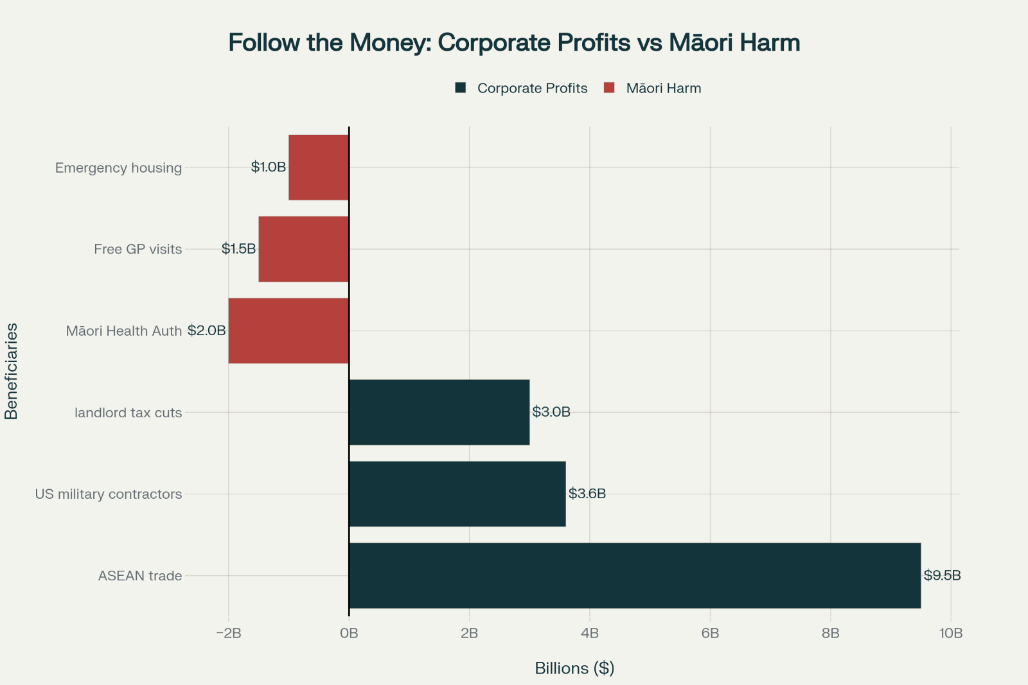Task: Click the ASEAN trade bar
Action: (x=635, y=575)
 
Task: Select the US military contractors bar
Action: (x=457, y=494)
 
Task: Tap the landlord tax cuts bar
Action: (x=439, y=412)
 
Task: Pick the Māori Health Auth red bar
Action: (x=288, y=331)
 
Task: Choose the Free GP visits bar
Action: (x=303, y=249)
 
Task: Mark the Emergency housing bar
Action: (x=319, y=168)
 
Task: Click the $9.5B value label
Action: (x=942, y=575)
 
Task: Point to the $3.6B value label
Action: (x=587, y=494)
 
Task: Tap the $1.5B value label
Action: (x=238, y=249)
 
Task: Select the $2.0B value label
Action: (x=207, y=331)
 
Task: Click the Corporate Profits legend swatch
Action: (x=461, y=88)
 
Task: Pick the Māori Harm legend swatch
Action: (x=610, y=88)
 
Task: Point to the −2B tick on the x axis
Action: (x=229, y=634)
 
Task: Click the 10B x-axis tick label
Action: (x=951, y=634)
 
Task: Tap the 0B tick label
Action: (x=349, y=634)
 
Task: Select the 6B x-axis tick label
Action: (x=710, y=634)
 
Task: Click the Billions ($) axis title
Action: (x=574, y=668)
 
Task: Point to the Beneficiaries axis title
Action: (x=12, y=371)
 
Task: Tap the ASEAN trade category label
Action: (x=140, y=576)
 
